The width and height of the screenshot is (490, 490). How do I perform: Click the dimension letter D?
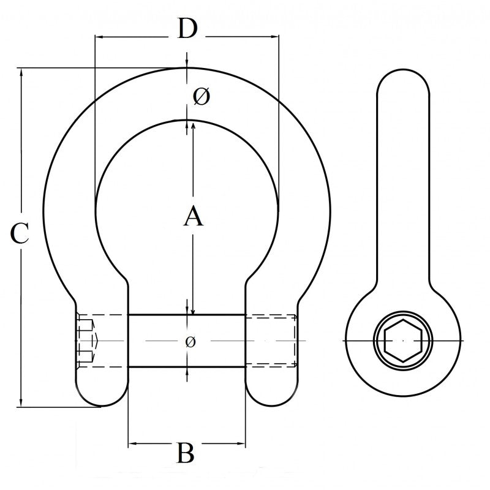click(187, 28)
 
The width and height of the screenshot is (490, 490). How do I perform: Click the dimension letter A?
click(193, 217)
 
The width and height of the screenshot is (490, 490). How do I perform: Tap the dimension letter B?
click(186, 454)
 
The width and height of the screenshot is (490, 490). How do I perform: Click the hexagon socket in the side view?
click(402, 340)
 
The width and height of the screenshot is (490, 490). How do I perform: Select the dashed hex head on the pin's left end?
click(88, 341)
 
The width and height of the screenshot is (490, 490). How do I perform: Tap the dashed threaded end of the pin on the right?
click(273, 341)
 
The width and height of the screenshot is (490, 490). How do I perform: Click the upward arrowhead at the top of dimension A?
click(193, 126)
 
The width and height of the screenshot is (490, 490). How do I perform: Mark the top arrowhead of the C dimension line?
click(22, 72)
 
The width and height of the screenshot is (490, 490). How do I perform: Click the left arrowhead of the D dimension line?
click(98, 37)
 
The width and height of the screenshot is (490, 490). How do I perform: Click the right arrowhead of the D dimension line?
click(275, 37)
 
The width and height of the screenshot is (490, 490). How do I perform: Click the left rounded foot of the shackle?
click(102, 392)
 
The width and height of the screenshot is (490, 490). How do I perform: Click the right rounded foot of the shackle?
click(272, 392)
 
